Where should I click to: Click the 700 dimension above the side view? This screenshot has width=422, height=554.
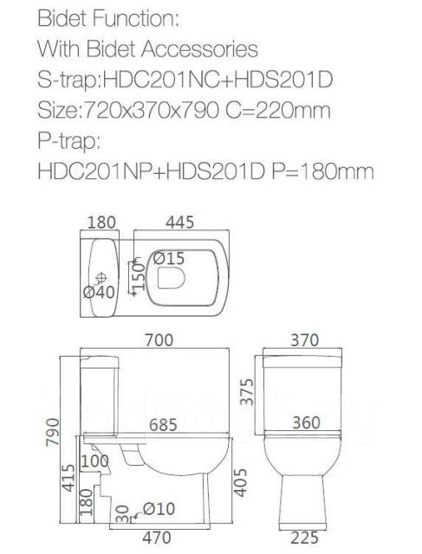coord(159,340)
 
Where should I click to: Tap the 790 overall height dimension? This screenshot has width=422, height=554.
coord(52,432)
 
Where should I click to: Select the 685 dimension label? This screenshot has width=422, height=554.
coord(163,425)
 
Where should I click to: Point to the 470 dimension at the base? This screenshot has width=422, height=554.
coord(157,538)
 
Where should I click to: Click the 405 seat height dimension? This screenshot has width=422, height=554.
coord(241,483)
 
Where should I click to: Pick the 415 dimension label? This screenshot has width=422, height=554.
coord(68,478)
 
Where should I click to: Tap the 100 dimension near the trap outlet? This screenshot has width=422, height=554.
coord(94,461)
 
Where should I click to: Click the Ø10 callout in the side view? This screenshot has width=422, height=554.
coord(159,509)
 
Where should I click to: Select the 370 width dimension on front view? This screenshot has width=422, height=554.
coord(305,340)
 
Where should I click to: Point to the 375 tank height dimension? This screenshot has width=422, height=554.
coord(247,392)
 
